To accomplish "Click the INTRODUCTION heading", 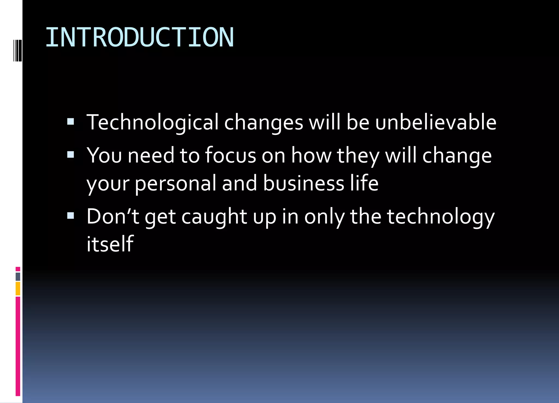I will (139, 38).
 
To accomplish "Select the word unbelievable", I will (436, 122).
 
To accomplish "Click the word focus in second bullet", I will (230, 155).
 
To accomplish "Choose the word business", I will (304, 183).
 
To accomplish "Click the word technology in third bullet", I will (441, 217).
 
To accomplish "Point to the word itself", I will (110, 244).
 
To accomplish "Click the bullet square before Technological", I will (70, 122).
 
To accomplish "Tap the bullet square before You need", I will (70, 155).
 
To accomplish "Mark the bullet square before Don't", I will (70, 216).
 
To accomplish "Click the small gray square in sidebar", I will (18, 277).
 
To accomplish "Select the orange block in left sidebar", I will (18, 289).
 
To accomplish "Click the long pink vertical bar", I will (18, 346).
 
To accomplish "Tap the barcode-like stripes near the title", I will (17, 50).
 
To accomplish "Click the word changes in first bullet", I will (263, 123).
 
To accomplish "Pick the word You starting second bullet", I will (104, 155).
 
